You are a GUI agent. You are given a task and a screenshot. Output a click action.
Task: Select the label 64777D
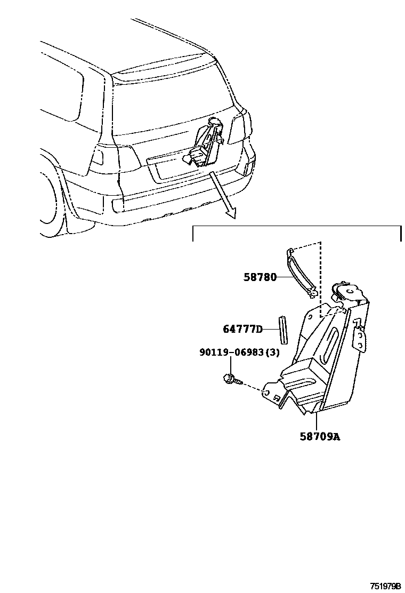coord(243,329)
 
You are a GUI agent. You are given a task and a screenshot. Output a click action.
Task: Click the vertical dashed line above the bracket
coord(321,277)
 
